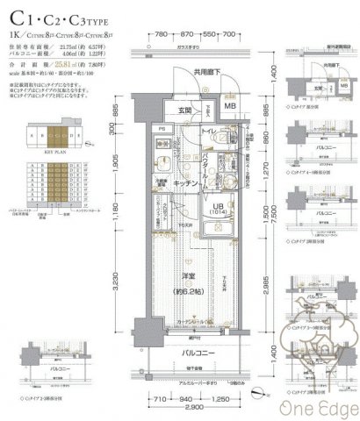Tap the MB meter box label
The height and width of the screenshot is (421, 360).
coord(230,107)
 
